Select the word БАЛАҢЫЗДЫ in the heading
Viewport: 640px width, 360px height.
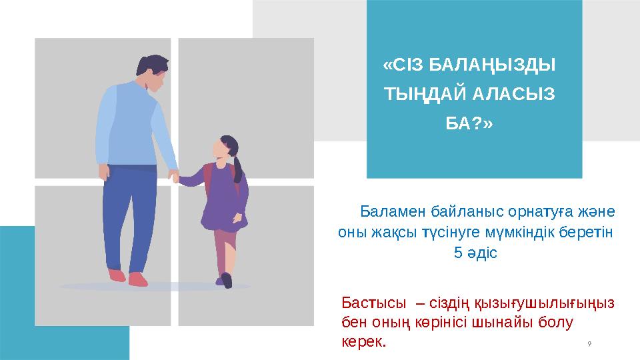pyautogui.click(x=493, y=66)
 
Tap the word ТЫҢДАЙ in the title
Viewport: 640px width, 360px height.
pyautogui.click(x=419, y=95)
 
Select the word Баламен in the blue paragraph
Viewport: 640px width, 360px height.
pyautogui.click(x=389, y=211)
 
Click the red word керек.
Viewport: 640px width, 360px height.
pyautogui.click(x=363, y=342)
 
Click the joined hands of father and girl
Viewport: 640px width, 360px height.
pyautogui.click(x=175, y=177)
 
